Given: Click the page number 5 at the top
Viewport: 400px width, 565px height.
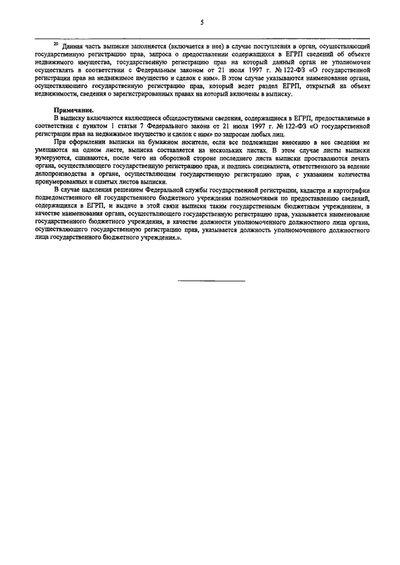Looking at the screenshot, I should click(x=201, y=22).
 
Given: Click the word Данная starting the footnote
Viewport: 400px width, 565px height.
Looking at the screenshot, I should click(x=74, y=47).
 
